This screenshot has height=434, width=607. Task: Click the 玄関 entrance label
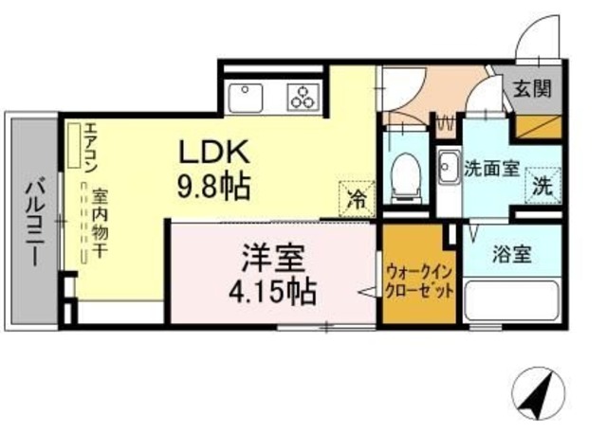click(x=532, y=91)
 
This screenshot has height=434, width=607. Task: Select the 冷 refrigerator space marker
click(x=357, y=199)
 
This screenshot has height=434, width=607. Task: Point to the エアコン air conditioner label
click(x=90, y=150)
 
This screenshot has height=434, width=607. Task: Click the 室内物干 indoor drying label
click(x=99, y=224)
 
